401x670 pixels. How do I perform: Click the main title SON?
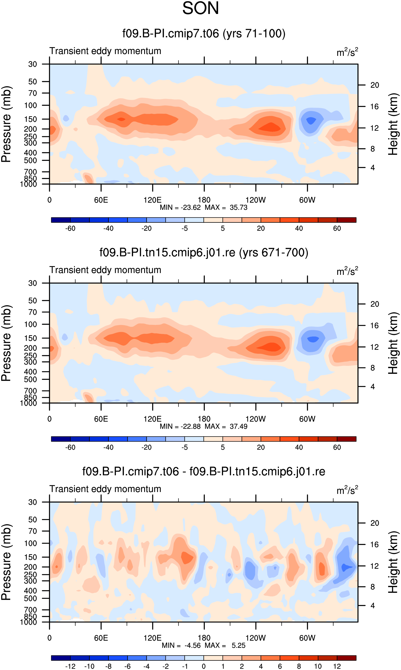coord(200,8)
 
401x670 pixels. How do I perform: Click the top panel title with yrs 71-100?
coord(204,34)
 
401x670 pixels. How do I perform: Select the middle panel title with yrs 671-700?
coord(204,253)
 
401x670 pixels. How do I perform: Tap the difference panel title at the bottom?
coord(204,471)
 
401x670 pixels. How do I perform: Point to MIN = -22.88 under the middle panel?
coord(180,426)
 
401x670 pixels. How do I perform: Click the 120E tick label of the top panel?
coord(152,200)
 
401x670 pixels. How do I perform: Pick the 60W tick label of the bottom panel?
coord(307,638)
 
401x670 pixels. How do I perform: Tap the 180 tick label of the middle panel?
coord(204,419)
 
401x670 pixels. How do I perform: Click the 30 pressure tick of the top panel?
coord(33,64)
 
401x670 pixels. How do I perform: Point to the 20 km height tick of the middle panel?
coord(375,304)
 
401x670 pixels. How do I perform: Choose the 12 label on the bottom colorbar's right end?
coord(337,666)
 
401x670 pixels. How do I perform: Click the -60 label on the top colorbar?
coord(70,228)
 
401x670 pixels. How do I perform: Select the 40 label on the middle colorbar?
coord(299,447)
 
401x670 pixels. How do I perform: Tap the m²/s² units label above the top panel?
coord(347,52)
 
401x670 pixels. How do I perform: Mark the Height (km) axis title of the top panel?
coord(393,124)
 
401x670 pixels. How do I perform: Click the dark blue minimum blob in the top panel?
coord(311,120)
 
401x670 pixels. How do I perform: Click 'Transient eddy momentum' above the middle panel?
coord(105,270)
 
